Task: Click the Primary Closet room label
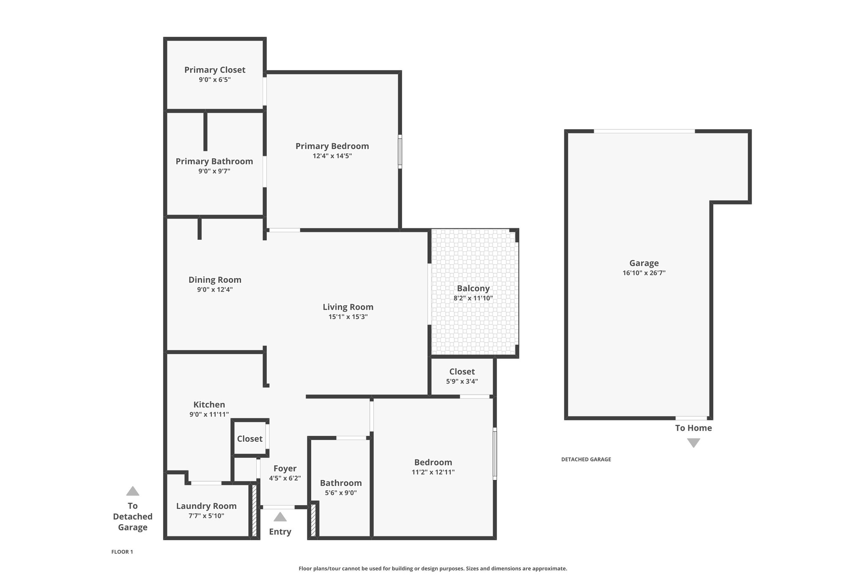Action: pyautogui.click(x=215, y=70)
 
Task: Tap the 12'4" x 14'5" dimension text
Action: pyautogui.click(x=332, y=156)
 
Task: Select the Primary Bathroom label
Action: pyautogui.click(x=214, y=161)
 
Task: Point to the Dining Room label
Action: pyautogui.click(x=215, y=279)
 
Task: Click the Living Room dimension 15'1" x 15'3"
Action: pyautogui.click(x=348, y=317)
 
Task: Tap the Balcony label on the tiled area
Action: pyautogui.click(x=473, y=288)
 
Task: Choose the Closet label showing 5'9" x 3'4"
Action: pyautogui.click(x=462, y=372)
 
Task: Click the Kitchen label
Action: pyautogui.click(x=209, y=405)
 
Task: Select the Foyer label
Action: pyautogui.click(x=285, y=468)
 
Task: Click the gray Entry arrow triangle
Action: pyautogui.click(x=280, y=517)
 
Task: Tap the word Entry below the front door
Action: pyautogui.click(x=280, y=532)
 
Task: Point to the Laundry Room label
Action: pyautogui.click(x=206, y=506)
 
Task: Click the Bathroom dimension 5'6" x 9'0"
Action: pyautogui.click(x=341, y=493)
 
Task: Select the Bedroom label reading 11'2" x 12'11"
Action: pyautogui.click(x=433, y=462)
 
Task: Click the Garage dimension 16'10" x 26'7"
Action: pyautogui.click(x=644, y=273)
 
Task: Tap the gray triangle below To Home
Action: pyautogui.click(x=693, y=443)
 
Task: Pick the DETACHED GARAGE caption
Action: pyautogui.click(x=586, y=459)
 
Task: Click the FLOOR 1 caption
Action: pyautogui.click(x=122, y=552)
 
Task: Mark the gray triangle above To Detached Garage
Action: pyautogui.click(x=133, y=491)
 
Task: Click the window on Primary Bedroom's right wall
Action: pyautogui.click(x=400, y=152)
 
